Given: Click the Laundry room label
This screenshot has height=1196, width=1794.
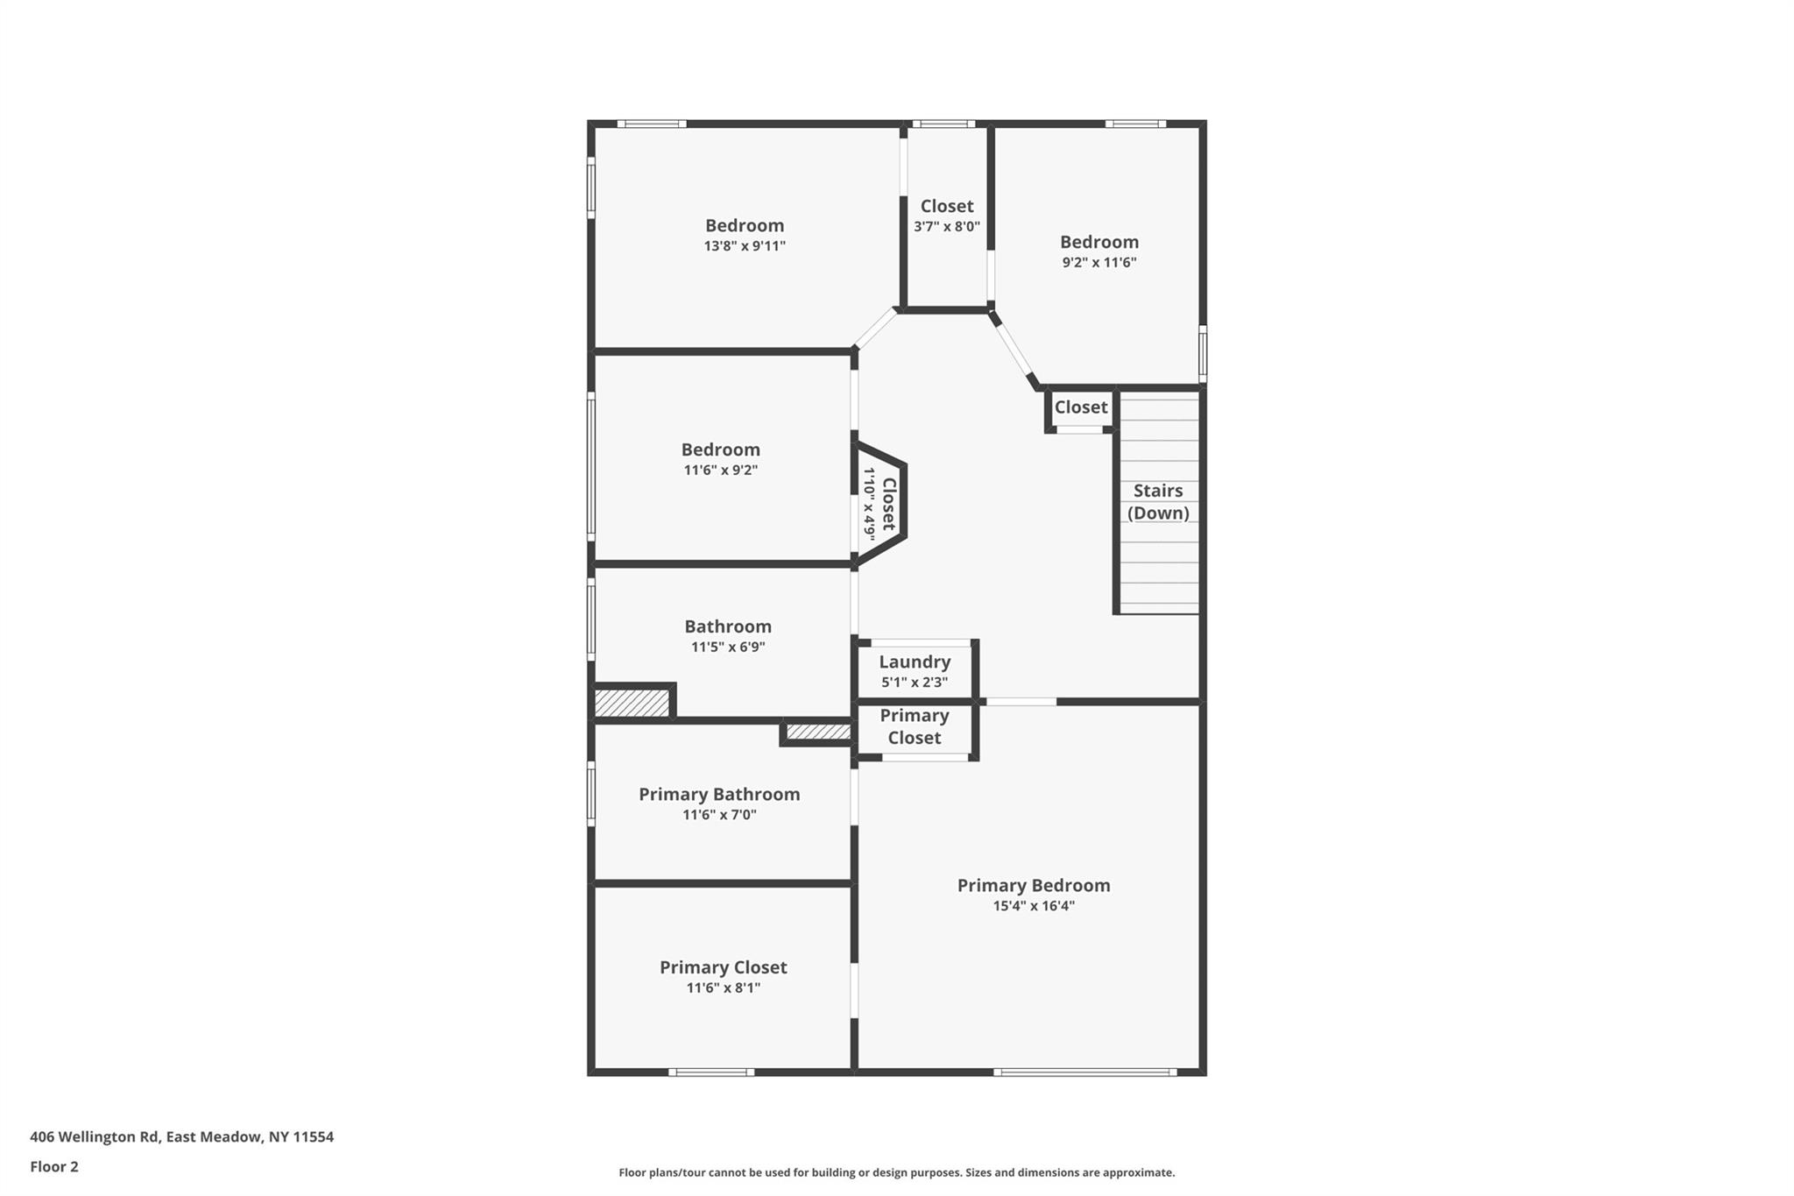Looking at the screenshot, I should click(915, 662).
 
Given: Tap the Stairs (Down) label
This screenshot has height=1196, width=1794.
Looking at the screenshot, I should click(1158, 502).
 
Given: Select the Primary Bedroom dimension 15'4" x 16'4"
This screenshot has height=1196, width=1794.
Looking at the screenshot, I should click(1034, 906).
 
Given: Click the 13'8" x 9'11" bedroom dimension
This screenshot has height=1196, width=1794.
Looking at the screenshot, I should click(745, 246).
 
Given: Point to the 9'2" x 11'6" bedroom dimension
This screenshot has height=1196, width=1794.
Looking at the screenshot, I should click(1099, 262).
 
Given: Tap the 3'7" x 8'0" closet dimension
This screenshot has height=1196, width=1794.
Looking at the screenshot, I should click(947, 226).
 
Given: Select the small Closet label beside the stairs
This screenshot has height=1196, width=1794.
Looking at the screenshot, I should click(1081, 407).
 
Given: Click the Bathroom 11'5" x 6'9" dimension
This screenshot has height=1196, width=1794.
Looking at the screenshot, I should click(728, 648).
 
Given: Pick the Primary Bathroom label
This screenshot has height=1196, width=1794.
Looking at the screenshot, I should click(719, 794).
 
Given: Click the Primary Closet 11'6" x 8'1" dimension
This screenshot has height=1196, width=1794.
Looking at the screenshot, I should click(723, 988).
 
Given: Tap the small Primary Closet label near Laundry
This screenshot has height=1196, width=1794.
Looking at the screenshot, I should click(915, 726).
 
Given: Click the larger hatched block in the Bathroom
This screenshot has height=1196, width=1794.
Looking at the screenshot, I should click(632, 703).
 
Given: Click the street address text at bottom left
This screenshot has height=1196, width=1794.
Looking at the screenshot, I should click(181, 1137).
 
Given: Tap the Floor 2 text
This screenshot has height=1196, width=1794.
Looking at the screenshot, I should click(54, 1166).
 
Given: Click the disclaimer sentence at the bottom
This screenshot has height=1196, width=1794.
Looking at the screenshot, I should click(896, 1172).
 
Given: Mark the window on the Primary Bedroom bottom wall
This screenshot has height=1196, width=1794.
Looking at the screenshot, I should click(1084, 1072).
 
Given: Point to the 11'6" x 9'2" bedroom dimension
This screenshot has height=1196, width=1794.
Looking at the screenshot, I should click(720, 471).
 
